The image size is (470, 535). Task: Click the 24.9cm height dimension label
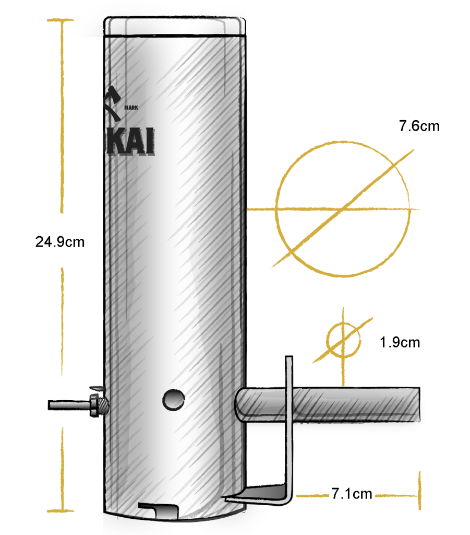(59, 242)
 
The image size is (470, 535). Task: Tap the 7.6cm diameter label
(419, 126)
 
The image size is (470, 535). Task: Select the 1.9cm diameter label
(400, 343)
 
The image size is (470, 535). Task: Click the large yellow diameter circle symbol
(343, 208)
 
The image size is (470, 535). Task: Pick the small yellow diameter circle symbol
(343, 341)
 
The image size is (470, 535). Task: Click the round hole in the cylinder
(173, 400)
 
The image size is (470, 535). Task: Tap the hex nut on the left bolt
(94, 405)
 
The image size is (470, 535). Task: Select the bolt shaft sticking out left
(68, 405)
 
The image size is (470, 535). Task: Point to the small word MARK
(131, 108)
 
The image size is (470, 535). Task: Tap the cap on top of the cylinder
(175, 26)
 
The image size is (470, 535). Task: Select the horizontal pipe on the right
(355, 403)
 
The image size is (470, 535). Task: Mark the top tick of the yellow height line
(61, 20)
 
